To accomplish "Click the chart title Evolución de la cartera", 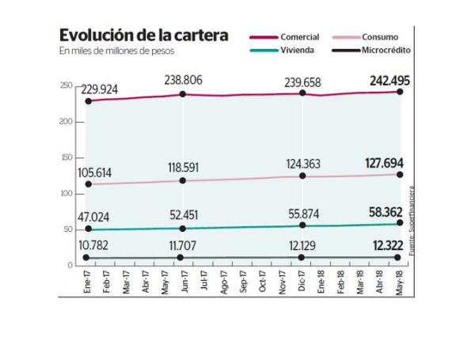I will pyautogui.click(x=144, y=36).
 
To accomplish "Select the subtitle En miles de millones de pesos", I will pyautogui.click(x=116, y=51).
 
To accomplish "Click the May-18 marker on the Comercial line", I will pyautogui.click(x=401, y=92).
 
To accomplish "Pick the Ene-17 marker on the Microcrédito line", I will pyautogui.click(x=87, y=258).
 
